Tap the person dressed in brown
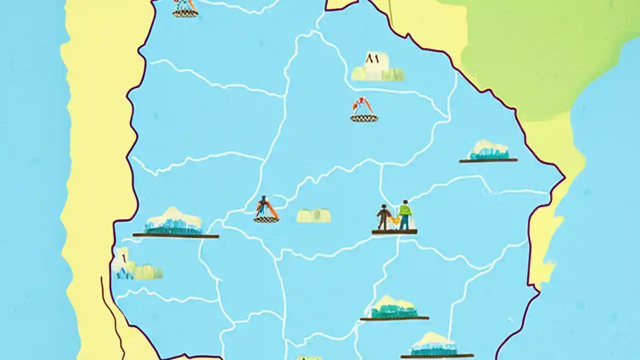tap(383, 217)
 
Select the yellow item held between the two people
tap(395, 220)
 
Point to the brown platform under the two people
tap(394, 232)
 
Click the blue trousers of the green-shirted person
tap(404, 222)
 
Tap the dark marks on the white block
tap(371, 58)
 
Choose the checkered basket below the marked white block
tap(364, 118)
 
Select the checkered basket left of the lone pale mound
tap(266, 218)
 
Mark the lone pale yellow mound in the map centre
tap(313, 215)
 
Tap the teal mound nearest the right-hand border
tap(488, 151)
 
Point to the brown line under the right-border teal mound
tap(488, 160)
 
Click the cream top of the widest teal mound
tap(173, 216)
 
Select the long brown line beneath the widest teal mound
tap(175, 235)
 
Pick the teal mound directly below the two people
tap(394, 309)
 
